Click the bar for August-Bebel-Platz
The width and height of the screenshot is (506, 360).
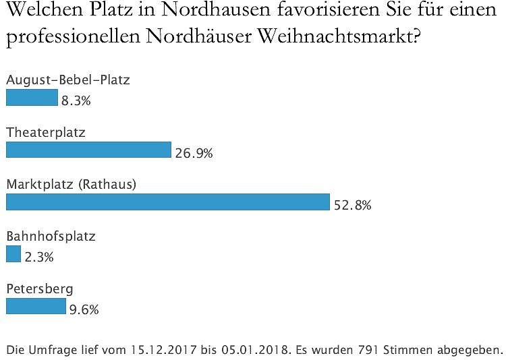pyautogui.click(x=32, y=98)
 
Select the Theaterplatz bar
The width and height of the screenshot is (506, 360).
pyautogui.click(x=88, y=150)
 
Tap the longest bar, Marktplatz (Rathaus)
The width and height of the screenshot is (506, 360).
pyautogui.click(x=167, y=202)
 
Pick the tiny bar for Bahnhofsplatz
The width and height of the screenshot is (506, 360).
pyautogui.click(x=13, y=254)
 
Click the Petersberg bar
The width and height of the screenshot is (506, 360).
pyautogui.click(x=36, y=306)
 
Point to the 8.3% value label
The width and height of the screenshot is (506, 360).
pyautogui.click(x=76, y=101)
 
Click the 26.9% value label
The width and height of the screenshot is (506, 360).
pyautogui.click(x=194, y=153)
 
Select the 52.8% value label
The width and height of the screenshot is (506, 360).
pyautogui.click(x=352, y=205)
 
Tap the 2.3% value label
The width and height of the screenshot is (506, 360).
pyautogui.click(x=38, y=257)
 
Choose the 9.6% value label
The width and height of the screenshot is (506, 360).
pyautogui.click(x=84, y=309)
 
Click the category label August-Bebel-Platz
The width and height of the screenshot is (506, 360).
pyautogui.click(x=67, y=80)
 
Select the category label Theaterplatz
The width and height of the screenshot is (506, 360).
pyautogui.click(x=46, y=132)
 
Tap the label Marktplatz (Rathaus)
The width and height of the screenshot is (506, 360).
pyautogui.click(x=72, y=184)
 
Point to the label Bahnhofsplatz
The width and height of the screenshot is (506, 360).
pyautogui.click(x=51, y=237)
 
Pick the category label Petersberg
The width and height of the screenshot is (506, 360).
pyautogui.click(x=40, y=289)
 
